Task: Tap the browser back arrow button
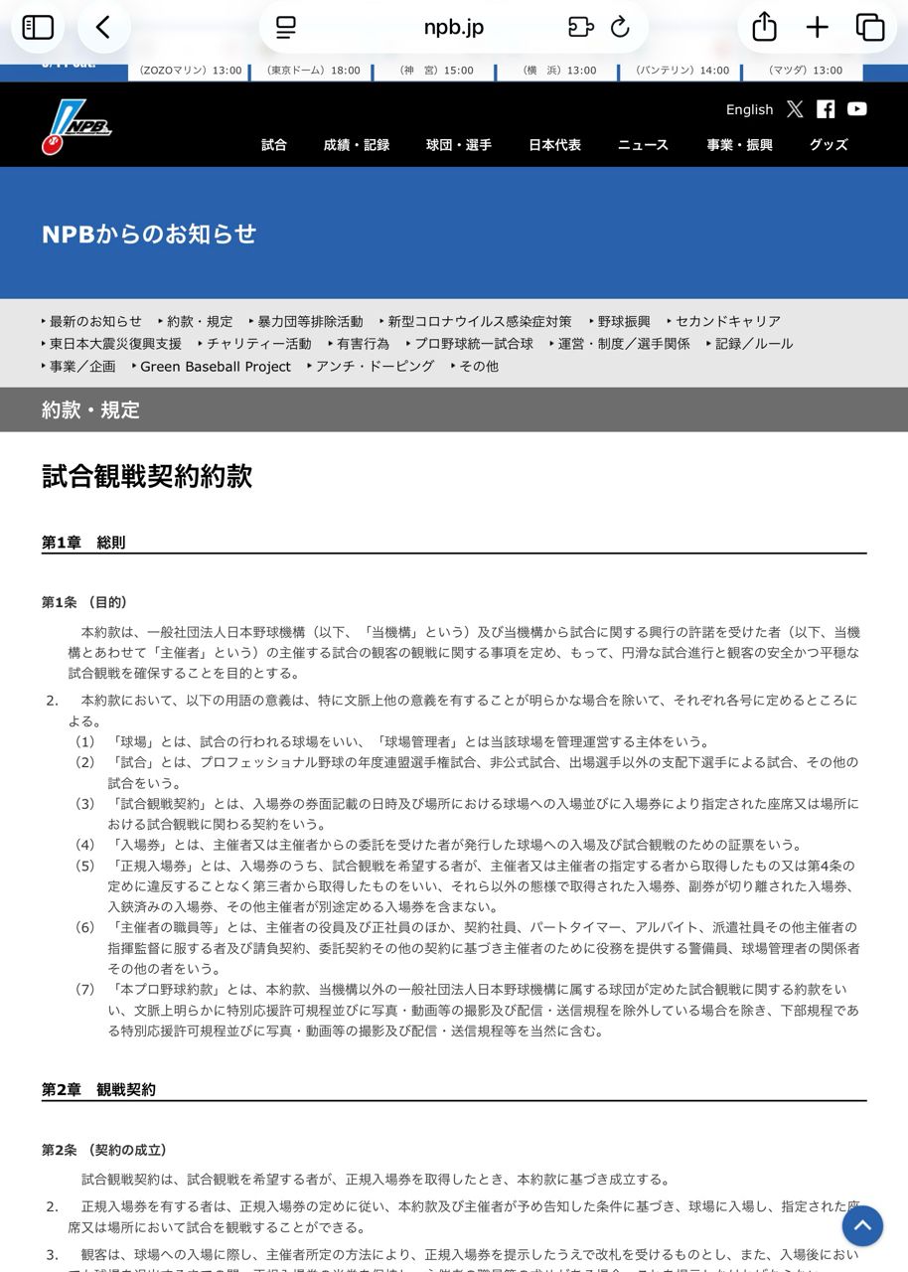click(x=103, y=27)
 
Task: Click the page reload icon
click(x=621, y=27)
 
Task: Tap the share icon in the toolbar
click(x=764, y=27)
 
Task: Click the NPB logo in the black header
click(x=76, y=129)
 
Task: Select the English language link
click(x=749, y=109)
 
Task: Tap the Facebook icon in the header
click(x=826, y=109)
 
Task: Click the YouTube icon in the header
click(x=857, y=109)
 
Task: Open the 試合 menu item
click(x=274, y=145)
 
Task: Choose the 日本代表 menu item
click(x=554, y=145)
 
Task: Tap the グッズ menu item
click(x=829, y=145)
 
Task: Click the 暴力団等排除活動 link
click(x=310, y=321)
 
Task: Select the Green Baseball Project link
click(x=216, y=367)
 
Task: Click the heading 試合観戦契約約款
click(x=147, y=476)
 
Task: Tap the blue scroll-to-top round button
click(x=862, y=1225)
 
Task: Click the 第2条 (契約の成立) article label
click(x=104, y=1150)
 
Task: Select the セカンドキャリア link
click(x=728, y=321)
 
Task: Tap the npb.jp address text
click(x=454, y=27)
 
